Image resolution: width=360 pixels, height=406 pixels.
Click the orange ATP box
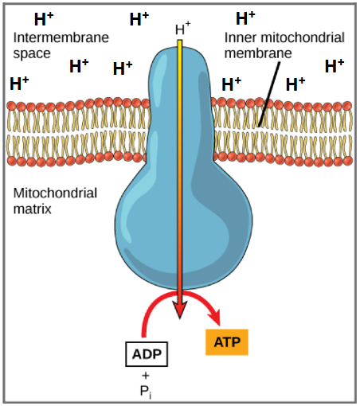coord(227,342)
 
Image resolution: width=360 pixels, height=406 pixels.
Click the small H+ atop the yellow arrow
coord(182,30)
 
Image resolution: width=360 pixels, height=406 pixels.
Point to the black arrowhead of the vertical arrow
coord(181,306)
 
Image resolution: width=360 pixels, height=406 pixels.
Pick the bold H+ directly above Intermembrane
coord(44,18)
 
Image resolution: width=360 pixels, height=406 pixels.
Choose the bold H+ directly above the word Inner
coord(245,17)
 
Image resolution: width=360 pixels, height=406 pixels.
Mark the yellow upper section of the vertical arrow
coord(181,96)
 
